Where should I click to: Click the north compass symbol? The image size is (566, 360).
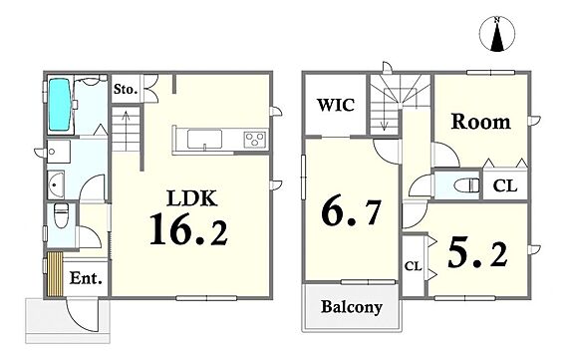497,34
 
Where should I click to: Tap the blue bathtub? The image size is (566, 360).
60,105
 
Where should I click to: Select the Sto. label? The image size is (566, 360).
126,89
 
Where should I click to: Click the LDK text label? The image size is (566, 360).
192,197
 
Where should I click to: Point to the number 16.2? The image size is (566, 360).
188,229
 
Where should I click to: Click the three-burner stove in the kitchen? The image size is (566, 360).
255,140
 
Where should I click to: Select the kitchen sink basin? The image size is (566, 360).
204,139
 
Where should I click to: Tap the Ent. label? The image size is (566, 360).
86,278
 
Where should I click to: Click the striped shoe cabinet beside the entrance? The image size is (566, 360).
55,274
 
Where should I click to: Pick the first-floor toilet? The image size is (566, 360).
61,216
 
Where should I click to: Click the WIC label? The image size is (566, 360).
336,105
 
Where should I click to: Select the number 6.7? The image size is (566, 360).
351,212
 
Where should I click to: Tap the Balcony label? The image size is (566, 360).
352,307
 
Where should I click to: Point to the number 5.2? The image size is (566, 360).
477,254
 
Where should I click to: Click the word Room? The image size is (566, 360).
481,122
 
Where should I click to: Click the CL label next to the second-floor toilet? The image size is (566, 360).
505,186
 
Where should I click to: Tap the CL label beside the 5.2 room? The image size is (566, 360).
413,266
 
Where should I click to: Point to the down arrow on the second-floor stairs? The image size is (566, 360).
384,119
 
